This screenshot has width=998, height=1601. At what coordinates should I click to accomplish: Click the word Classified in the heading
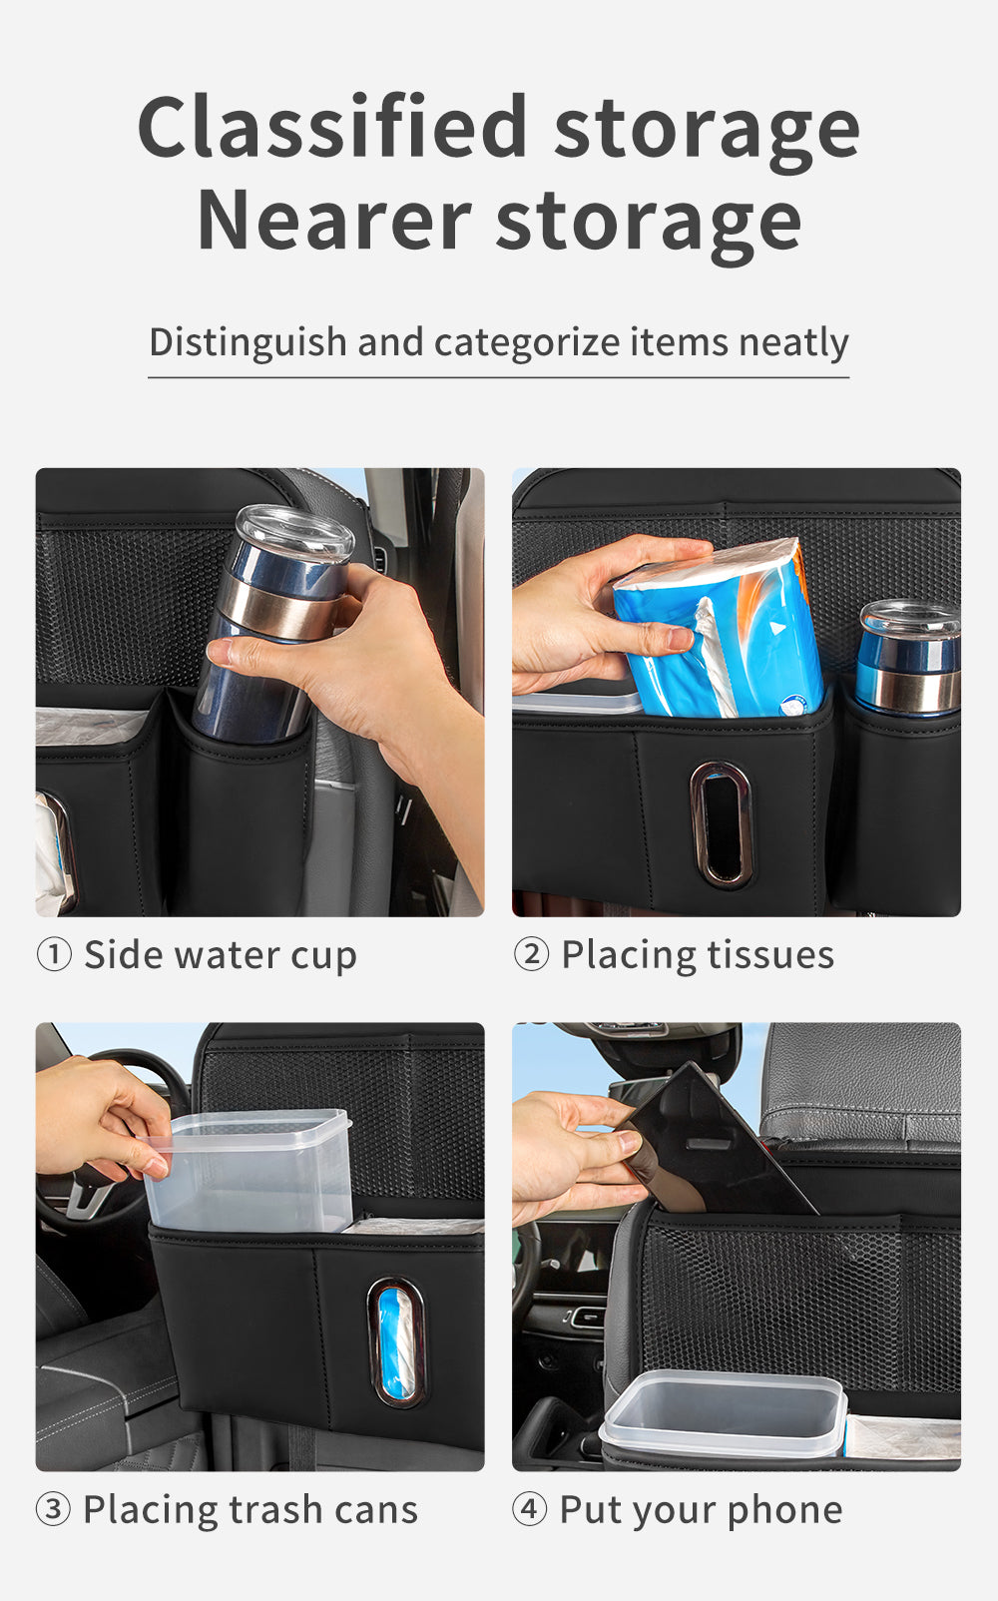coord(332,127)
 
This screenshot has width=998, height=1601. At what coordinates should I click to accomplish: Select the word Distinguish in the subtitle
coord(248,342)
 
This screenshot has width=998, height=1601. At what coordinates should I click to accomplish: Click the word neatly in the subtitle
coord(793,342)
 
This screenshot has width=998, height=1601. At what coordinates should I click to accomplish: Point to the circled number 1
coord(54,955)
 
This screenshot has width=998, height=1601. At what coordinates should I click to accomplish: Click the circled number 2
coord(532,955)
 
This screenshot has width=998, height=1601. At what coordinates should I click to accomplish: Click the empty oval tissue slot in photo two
coord(721,824)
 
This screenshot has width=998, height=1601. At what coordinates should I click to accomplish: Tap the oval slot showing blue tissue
coord(396,1341)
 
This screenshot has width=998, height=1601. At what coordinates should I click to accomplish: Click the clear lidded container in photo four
coord(723,1413)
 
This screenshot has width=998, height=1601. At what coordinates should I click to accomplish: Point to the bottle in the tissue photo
coord(907,658)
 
